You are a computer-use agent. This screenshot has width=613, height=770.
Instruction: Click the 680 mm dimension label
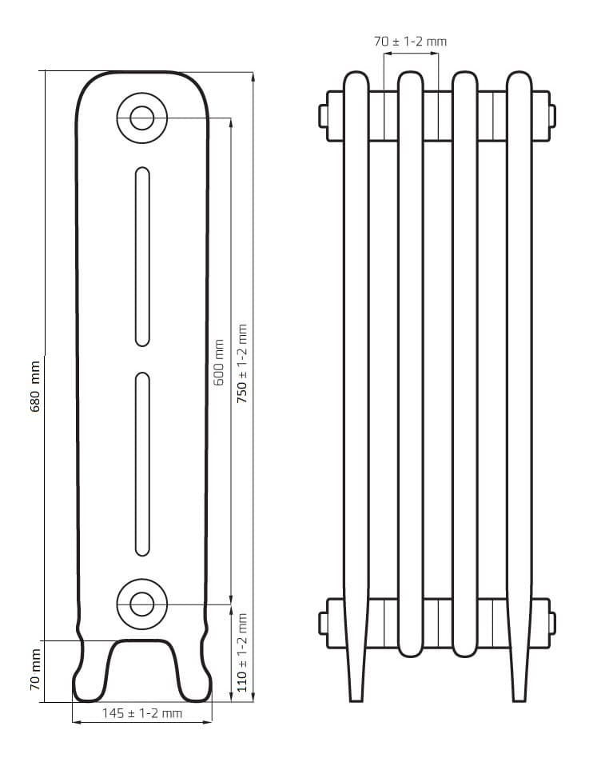[35, 386]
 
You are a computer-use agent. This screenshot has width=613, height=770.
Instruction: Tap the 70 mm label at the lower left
[35, 669]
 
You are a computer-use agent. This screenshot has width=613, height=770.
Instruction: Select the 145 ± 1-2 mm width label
[141, 713]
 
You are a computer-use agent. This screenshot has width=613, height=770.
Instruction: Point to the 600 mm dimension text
[219, 362]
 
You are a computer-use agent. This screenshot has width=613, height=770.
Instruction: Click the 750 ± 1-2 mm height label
[242, 364]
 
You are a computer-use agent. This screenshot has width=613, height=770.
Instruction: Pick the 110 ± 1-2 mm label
[242, 652]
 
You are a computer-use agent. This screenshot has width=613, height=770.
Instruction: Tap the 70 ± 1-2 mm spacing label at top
[410, 42]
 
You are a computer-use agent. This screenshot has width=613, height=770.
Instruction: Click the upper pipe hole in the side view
[141, 118]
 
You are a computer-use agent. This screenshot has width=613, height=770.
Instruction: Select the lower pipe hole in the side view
[141, 604]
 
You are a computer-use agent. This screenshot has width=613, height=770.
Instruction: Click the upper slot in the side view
[142, 257]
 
